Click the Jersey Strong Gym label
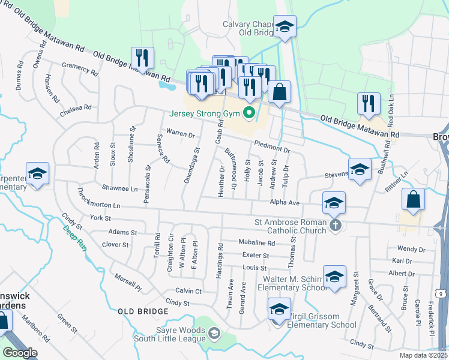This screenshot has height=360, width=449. pos(205,113)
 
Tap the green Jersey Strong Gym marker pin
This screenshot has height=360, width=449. pos(248,113)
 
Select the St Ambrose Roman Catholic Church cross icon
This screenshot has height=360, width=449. pos(336,226)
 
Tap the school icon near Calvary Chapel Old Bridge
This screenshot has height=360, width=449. pos(285,27)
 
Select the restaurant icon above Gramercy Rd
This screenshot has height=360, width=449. pos(142,58)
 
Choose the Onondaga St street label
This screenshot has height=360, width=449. pos(191,167)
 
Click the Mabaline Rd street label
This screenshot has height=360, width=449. pos(256,244)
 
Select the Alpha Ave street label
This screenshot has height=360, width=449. pos(285,203)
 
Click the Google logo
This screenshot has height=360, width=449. pos(20,352)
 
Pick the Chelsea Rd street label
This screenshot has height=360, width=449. pos(76,110)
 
